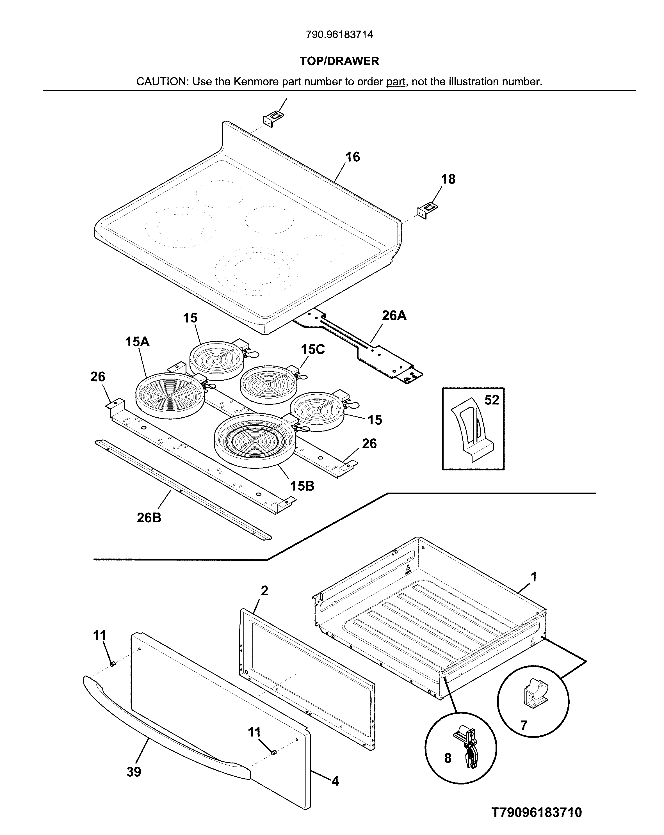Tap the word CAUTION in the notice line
[161, 82]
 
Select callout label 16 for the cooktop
[352, 157]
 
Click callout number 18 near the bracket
[448, 179]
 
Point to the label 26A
[394, 316]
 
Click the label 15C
[313, 349]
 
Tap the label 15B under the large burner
[302, 486]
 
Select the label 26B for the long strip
[149, 518]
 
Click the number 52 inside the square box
[492, 400]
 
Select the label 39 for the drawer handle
[134, 772]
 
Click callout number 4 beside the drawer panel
[335, 781]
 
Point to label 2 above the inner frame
[264, 591]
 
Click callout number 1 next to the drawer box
[533, 577]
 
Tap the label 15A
[137, 342]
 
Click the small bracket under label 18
[426, 211]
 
